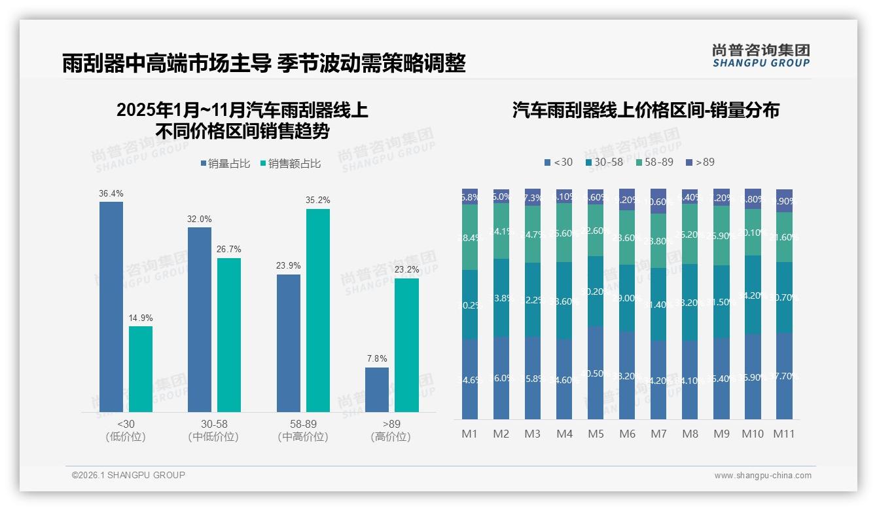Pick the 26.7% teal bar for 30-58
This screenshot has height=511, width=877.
pos(229,335)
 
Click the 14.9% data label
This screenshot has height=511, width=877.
pos(141,318)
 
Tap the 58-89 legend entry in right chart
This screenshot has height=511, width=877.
pos(654,162)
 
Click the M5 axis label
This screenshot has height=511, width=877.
pos(596,434)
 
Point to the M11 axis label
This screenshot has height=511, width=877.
pos(784,434)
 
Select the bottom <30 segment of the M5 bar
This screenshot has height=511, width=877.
pos(596,373)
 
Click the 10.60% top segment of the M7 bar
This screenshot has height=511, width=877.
pos(658,201)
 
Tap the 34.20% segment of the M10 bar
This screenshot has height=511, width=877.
pos(753,295)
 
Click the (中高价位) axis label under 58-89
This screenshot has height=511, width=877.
pos(303,437)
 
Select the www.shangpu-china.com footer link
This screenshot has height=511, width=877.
pos(762,476)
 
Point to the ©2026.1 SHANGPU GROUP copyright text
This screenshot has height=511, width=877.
pos(128,475)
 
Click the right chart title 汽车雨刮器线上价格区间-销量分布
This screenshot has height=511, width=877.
pos(645,110)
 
